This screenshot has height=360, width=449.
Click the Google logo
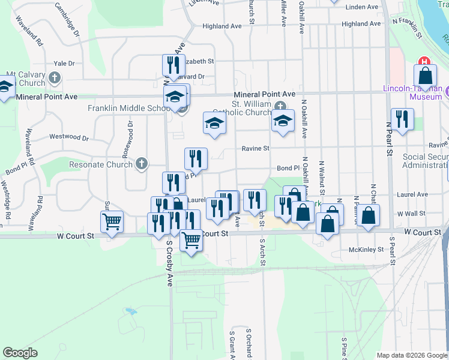pyautogui.click(x=20, y=353)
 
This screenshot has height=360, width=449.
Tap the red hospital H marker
pyautogui.click(x=425, y=61)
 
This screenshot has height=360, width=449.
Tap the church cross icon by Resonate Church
pyautogui.click(x=141, y=163)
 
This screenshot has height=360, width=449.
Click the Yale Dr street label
pyautogui.click(x=64, y=63)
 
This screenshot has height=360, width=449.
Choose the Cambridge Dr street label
pyautogui.click(x=67, y=19)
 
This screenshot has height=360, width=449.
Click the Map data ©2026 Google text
pyautogui.click(x=412, y=355)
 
